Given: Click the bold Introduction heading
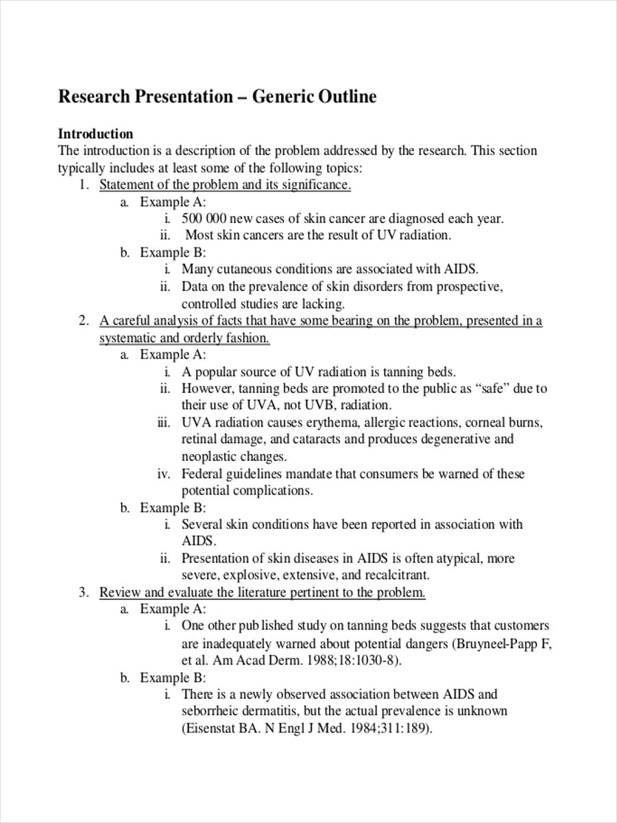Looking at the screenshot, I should (x=95, y=134).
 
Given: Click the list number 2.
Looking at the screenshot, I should (x=83, y=320).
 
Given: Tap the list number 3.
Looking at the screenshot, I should (x=83, y=593).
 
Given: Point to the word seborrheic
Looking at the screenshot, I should (x=213, y=711).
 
